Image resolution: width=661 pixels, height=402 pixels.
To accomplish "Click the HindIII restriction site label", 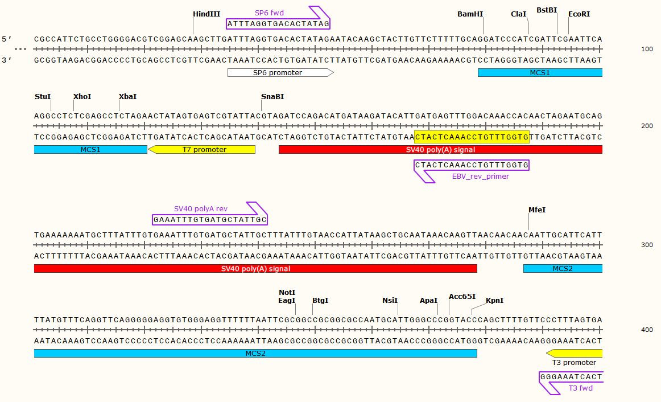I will [206, 14].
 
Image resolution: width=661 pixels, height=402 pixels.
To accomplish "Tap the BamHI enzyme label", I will [470, 14].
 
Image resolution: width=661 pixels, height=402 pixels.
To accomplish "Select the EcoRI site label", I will [579, 14].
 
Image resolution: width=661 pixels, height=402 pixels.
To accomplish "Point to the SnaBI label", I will [272, 96].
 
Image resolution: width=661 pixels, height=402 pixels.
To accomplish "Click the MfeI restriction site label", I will [537, 210].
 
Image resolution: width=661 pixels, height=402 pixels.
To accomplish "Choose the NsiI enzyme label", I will [390, 300].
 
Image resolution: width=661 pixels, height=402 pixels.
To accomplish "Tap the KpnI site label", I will [494, 300].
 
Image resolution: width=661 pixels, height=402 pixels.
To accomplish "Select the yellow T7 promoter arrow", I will [201, 149].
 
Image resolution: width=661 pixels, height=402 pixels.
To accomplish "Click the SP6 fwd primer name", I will [269, 13].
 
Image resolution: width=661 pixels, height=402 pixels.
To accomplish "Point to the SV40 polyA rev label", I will [200, 209].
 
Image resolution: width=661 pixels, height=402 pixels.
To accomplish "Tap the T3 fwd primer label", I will [580, 388].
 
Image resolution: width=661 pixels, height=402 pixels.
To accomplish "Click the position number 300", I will [647, 245].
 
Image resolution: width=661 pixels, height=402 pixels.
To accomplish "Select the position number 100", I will [647, 50].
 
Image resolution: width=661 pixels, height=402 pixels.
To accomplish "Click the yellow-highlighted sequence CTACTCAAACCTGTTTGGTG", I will [472, 137].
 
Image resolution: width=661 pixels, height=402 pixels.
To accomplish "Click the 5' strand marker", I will [7, 39].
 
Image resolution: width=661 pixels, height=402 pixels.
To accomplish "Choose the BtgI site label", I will [320, 300].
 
